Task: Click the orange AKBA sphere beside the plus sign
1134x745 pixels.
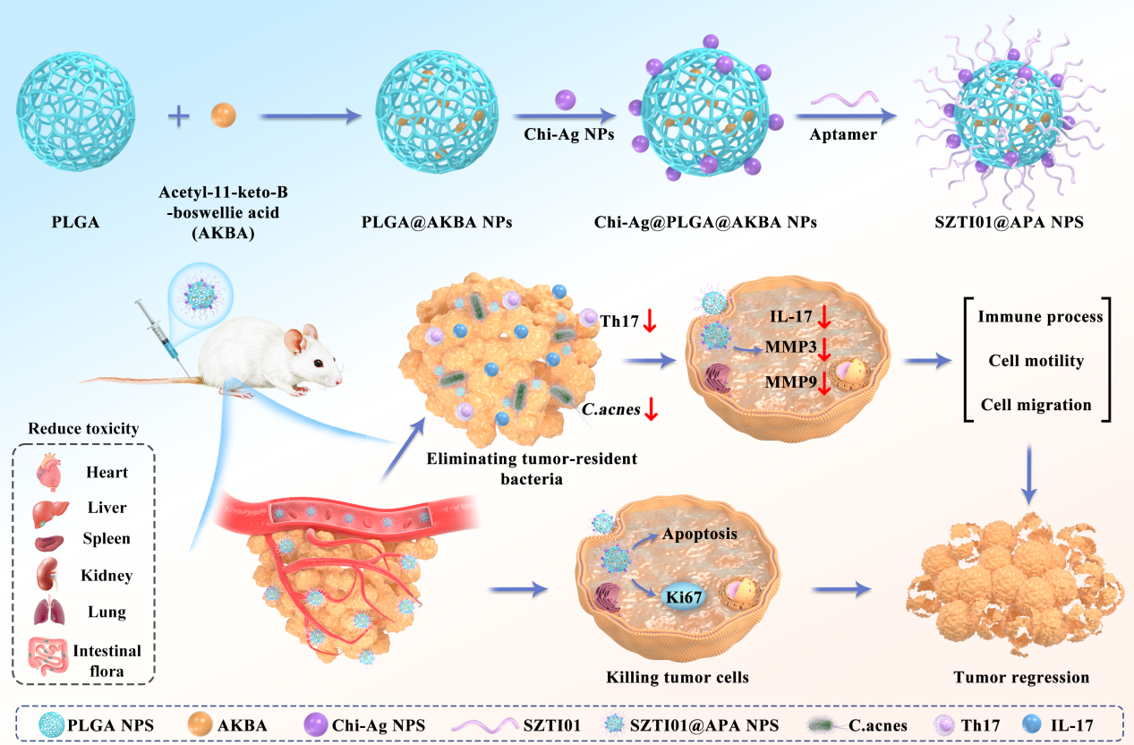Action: point(223,116)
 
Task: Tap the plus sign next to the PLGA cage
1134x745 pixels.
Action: point(179,116)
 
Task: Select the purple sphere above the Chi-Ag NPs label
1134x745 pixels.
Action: point(565,99)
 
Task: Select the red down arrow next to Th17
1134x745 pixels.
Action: point(650,322)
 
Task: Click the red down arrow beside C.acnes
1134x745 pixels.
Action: point(652,410)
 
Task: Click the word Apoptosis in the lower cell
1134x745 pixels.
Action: point(699,534)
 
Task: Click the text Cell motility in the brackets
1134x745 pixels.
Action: point(1036,361)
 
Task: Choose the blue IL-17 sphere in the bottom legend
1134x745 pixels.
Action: point(1044,724)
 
